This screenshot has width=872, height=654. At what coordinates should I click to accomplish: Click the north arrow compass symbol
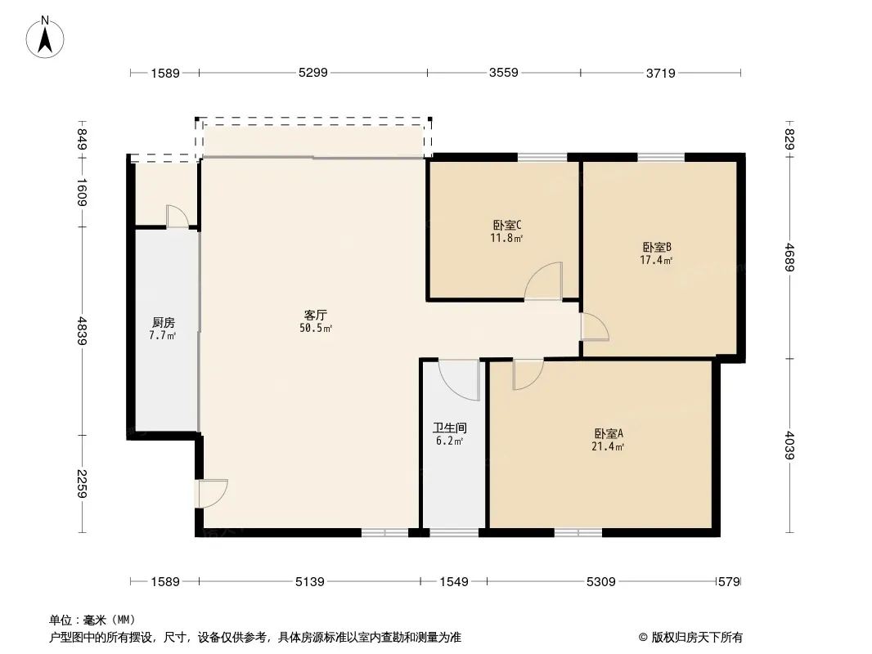pos(45,38)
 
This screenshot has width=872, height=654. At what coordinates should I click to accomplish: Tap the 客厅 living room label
pos(315,316)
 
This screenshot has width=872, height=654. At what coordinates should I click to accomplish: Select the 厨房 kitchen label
pos(163,322)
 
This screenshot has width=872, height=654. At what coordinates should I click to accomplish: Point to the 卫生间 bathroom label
pos(449,428)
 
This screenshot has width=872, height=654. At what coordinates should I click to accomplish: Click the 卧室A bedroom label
pos(609,433)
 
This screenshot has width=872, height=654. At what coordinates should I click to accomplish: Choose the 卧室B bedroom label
pos(657,247)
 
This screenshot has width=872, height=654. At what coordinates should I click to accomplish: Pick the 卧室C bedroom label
pos(506,225)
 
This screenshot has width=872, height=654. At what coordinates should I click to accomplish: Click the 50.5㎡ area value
pos(316,329)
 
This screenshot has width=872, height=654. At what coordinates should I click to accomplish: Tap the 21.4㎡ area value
pos(608,446)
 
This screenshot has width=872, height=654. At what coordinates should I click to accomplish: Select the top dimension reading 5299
pos(313,72)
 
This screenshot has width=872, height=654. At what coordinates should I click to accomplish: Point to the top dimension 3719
pos(661,73)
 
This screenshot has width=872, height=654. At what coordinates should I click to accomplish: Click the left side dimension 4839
pos(83,330)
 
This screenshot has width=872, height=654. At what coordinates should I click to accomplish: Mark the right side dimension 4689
pos(789,258)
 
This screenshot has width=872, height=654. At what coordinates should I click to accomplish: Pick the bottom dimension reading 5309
pos(601,581)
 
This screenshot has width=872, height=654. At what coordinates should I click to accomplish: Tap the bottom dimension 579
pos(729,581)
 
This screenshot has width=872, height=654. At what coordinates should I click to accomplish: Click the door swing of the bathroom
pos(459,380)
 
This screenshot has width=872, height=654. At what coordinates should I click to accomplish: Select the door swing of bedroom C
pos(543,281)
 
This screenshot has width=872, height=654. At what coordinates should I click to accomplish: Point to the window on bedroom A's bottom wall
pos(578,533)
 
